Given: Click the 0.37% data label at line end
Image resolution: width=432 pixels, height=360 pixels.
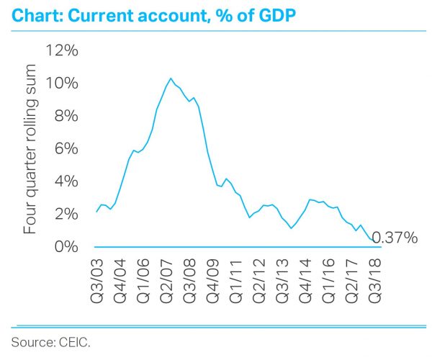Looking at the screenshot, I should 395,237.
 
